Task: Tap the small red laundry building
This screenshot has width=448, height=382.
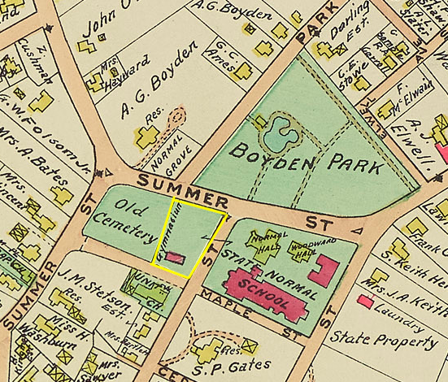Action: pos(365,302)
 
